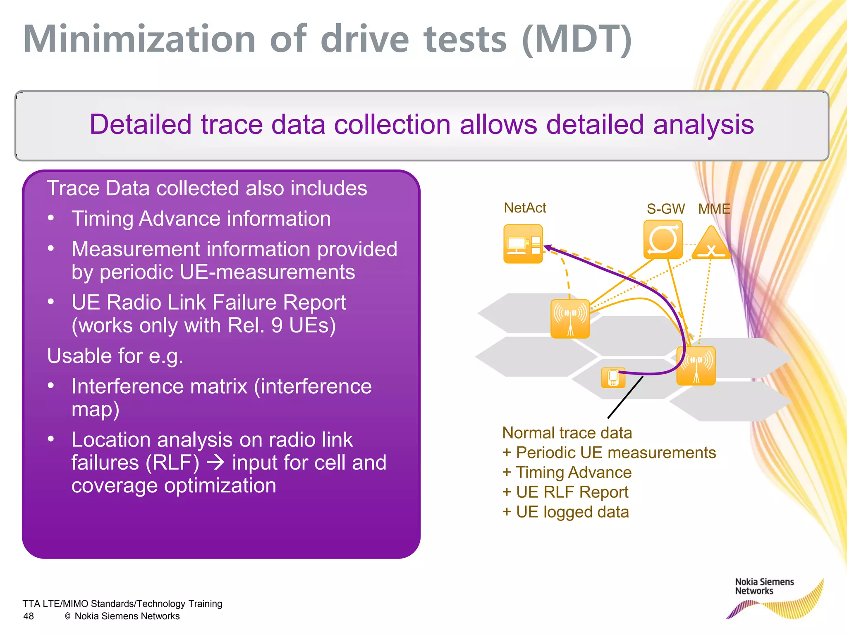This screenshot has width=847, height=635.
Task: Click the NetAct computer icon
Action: [523, 244]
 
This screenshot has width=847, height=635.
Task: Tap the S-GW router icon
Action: [663, 240]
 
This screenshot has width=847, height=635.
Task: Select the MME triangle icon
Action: [711, 243]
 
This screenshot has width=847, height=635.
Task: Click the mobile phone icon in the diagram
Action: [613, 377]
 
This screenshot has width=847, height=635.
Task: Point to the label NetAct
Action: [525, 208]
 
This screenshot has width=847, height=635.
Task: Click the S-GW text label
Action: [665, 209]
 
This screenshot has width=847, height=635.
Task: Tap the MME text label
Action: [714, 209]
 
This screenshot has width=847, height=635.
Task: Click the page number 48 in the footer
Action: [29, 616]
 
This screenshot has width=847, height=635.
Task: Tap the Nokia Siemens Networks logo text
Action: [764, 586]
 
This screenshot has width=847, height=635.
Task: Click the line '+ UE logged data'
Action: [565, 512]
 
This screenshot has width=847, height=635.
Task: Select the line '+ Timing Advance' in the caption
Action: [567, 472]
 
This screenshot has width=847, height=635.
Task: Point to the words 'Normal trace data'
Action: [567, 433]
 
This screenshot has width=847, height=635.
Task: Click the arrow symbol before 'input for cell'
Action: [215, 463]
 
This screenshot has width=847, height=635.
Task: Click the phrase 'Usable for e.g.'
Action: [115, 356]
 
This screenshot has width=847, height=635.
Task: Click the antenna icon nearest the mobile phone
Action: [696, 366]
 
